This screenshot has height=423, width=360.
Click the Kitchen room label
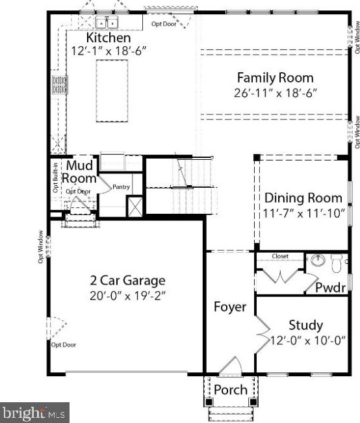coord(109,38)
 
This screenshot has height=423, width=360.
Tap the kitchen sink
coord(107,23)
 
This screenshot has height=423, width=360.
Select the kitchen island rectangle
coord(112,91)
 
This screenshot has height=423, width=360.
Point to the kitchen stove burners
coord(60,85)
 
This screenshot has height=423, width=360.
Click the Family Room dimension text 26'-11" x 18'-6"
coord(275,94)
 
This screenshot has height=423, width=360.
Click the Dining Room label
coord(303,198)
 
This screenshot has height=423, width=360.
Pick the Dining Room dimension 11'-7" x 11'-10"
coord(304,213)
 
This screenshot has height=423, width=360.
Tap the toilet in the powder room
coord(337,263)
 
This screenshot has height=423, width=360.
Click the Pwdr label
coord(331,288)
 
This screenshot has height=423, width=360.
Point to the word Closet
coord(280,256)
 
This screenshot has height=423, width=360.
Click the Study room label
coord(306,325)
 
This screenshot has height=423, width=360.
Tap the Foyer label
coord(230,307)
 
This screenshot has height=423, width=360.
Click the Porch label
coord(231,390)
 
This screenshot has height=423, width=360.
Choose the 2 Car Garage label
coord(127,281)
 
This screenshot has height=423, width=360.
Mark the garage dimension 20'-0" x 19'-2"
coord(127,296)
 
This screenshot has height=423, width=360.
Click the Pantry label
coord(121,186)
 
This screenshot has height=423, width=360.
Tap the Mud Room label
coord(79,172)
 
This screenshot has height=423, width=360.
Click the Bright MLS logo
coord(34,413)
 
